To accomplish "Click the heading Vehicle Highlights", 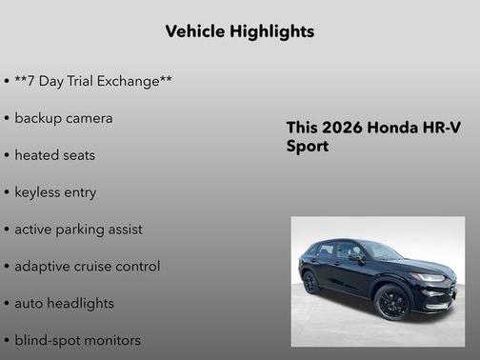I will pos(239,31).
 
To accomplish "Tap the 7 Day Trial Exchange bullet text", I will pos(92,82).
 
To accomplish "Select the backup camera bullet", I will pos(63,118).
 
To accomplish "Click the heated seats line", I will pos(54,155).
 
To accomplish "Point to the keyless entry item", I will pos(55,192).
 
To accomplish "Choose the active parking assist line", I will pos(78,230).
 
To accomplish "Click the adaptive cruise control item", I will pos(87,267).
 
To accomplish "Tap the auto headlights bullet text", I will pos(64,303).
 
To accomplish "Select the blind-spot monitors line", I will pos(77,340).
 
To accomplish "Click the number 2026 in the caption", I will pos(337,129).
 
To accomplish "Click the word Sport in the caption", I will pos(308,148).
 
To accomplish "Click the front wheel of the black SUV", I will pos(391,302).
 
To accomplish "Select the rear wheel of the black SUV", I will pos(310,282).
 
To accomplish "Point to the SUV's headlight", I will pos(428,277).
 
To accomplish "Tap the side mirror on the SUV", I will pos(355,257).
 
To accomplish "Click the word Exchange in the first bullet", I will pos(132,82).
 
